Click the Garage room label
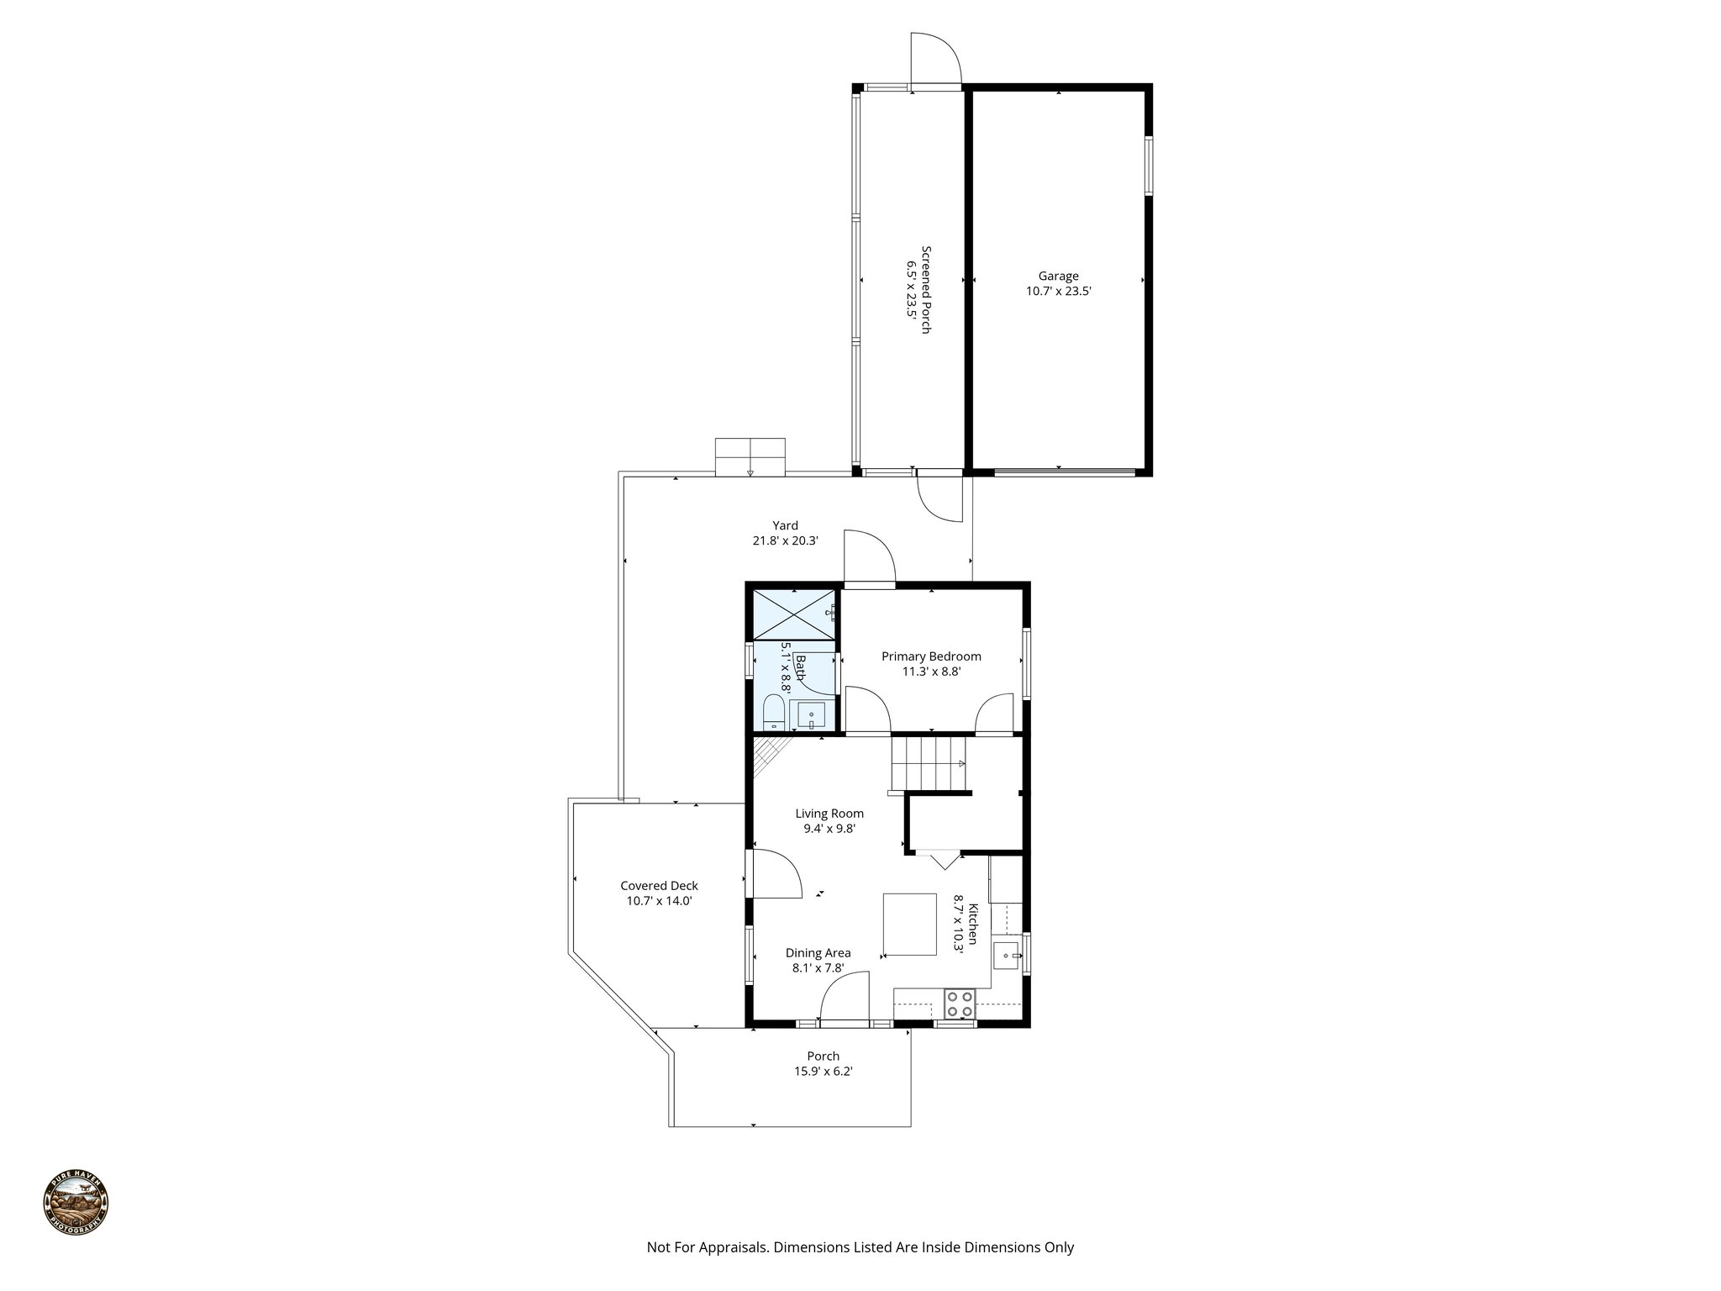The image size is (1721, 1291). coord(1057,276)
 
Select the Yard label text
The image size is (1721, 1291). coord(785,525)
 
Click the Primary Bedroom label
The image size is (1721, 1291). coord(930,656)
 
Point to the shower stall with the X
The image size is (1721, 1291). coord(793,614)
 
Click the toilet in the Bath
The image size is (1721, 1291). coord(773,714)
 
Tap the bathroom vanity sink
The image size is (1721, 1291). coord(811,716)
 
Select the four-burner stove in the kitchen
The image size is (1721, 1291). coord(959,1004)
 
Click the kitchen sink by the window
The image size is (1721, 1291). coord(1006,956)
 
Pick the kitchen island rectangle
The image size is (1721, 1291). coord(909,925)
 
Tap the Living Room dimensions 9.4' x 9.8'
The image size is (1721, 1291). coord(829,828)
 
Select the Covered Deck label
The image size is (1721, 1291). coord(659,885)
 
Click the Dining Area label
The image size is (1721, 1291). coord(818,952)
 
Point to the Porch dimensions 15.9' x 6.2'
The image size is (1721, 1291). coord(823,1072)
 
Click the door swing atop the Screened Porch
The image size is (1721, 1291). coord(934,59)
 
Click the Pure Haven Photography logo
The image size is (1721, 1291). coord(76,1203)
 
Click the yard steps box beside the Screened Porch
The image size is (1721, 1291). coord(750,456)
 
